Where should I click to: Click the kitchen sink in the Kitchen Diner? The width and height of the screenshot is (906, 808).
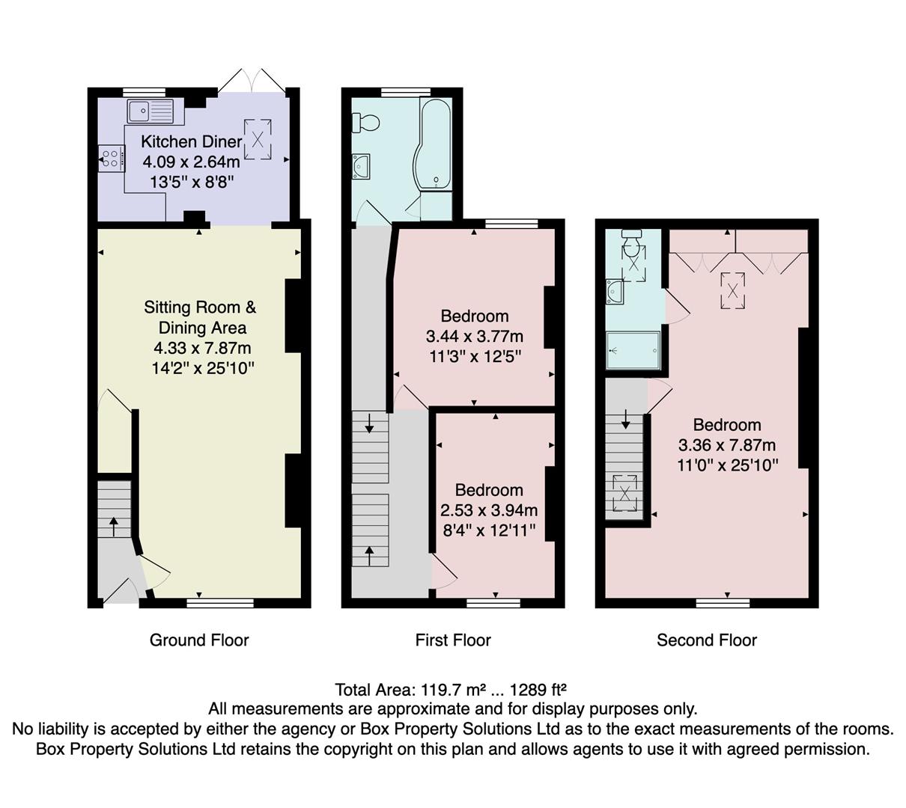150,111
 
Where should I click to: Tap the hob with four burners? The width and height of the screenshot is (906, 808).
110,159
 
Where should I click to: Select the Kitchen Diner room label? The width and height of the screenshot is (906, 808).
192,141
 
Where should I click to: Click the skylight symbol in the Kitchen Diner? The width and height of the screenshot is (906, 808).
258,139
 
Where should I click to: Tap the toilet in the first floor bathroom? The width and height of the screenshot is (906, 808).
367,121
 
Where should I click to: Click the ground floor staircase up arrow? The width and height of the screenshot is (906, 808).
113,525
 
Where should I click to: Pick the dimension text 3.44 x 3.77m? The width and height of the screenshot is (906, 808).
474,336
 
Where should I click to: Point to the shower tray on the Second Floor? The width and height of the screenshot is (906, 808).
633,350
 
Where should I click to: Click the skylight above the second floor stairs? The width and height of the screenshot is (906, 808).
624,492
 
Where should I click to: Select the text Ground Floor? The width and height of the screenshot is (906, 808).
199,640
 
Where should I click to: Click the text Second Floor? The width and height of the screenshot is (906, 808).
706,640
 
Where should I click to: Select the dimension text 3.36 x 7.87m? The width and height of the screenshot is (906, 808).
726,445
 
